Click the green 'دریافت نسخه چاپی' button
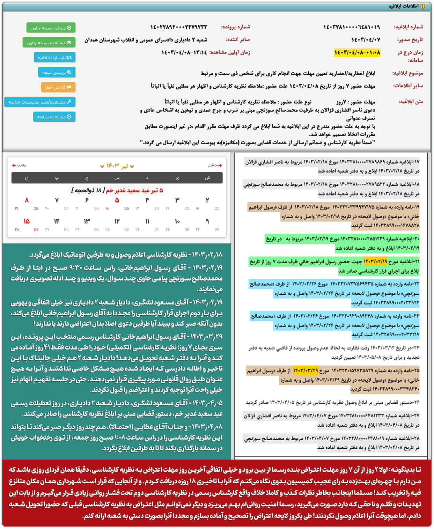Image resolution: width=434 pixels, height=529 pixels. (x=51, y=28)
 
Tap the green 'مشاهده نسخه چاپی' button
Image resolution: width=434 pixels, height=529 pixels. (x=49, y=43)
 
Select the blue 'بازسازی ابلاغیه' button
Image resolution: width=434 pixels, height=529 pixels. (x=55, y=57)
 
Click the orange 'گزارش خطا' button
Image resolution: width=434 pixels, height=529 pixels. (x=58, y=87)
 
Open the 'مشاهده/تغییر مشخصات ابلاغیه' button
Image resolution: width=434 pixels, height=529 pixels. (x=40, y=102)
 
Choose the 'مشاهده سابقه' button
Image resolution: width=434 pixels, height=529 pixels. (x=54, y=117)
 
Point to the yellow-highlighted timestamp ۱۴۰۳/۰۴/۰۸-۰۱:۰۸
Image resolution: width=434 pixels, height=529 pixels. (x=357, y=53)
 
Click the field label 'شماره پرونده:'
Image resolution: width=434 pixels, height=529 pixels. (x=235, y=27)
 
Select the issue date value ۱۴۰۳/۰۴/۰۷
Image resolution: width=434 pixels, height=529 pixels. (x=366, y=40)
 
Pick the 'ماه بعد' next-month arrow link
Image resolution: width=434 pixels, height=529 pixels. (x=19, y=165)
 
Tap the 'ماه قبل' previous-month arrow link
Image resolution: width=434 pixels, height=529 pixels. (x=215, y=165)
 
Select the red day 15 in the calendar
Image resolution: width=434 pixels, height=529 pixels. (x=27, y=221)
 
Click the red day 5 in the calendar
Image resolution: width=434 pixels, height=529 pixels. (x=117, y=200)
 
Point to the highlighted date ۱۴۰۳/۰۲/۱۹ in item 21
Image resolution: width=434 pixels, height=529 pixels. (x=375, y=261)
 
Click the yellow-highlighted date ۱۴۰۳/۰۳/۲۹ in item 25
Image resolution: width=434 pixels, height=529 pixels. (x=306, y=370)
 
